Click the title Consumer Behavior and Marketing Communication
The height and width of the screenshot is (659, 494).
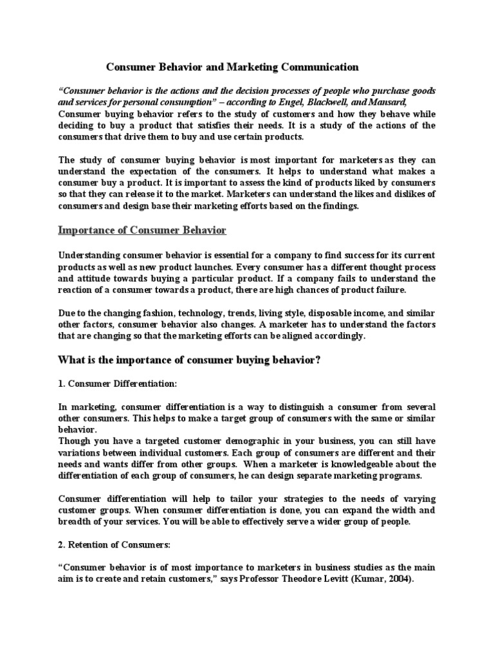(x=232, y=66)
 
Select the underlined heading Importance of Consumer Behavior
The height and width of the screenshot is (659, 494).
(x=142, y=230)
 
